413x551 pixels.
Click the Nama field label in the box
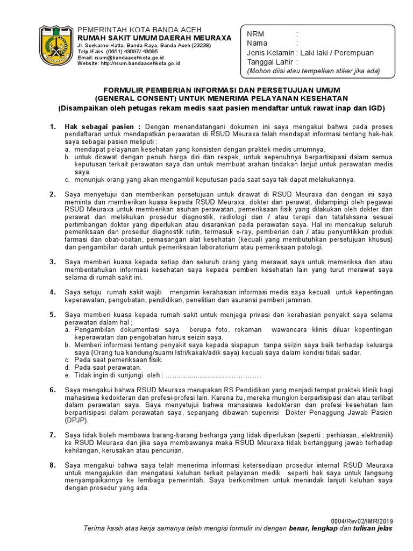tap(257, 43)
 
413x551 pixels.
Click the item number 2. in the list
tap(53, 194)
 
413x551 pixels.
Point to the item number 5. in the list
tap(53, 314)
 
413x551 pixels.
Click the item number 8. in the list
tap(53, 464)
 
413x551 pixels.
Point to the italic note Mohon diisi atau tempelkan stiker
tap(313, 71)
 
